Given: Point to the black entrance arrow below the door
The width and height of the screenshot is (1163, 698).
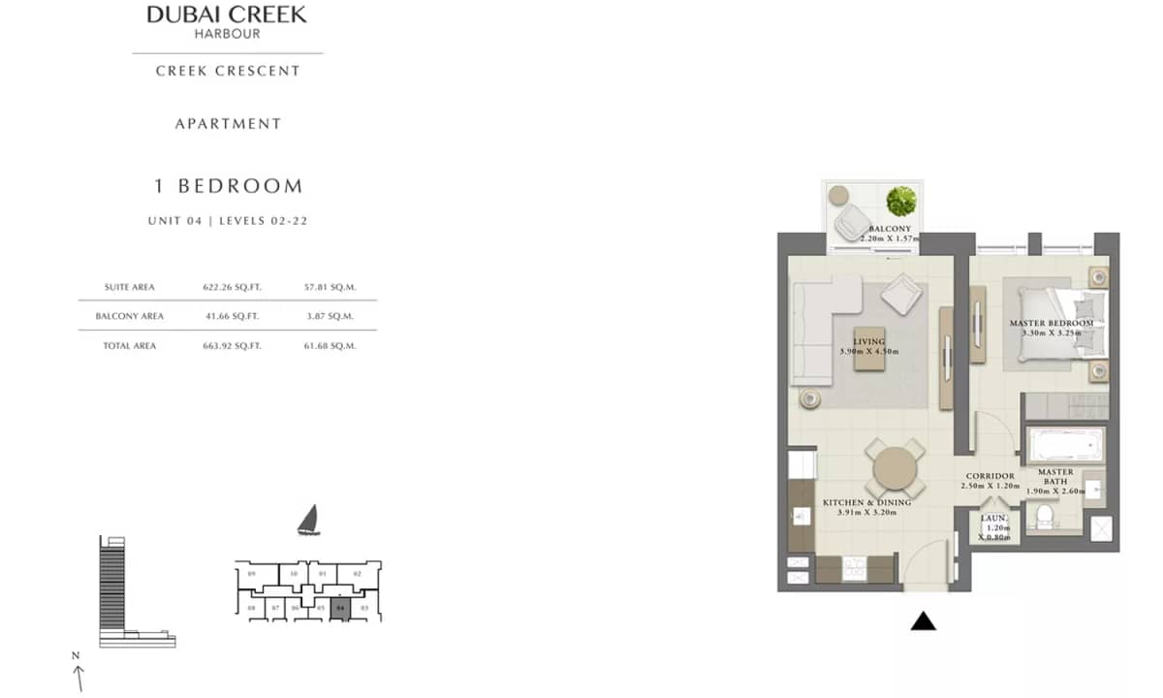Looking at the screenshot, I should coord(924,621).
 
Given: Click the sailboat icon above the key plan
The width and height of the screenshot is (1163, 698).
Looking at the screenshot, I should coord(308,522).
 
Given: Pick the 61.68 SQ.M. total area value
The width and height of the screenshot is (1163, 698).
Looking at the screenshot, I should coord(330,346).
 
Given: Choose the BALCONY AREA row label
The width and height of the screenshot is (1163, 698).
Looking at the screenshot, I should coord(130,316).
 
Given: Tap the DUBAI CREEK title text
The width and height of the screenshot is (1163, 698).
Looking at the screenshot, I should coord(227,15).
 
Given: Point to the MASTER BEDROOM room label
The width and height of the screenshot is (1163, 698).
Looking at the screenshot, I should coord(1052,323).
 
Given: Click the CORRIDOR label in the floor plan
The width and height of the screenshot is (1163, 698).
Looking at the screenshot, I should coord(990,476).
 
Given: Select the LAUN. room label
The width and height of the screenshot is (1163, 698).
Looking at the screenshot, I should coord(994,519).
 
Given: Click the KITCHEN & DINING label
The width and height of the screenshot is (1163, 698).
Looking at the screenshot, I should coord(866,502).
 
